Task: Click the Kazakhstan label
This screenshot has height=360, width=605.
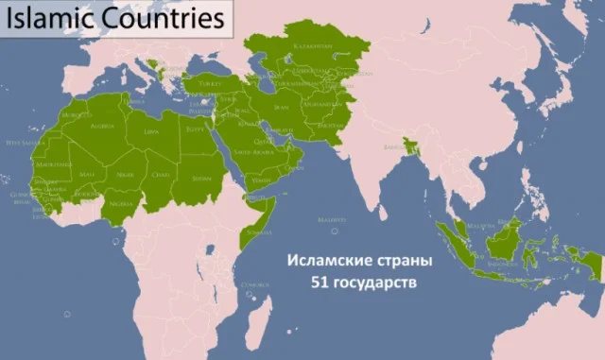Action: tap(310, 43)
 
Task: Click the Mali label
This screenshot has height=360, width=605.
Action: tap(87, 175)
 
